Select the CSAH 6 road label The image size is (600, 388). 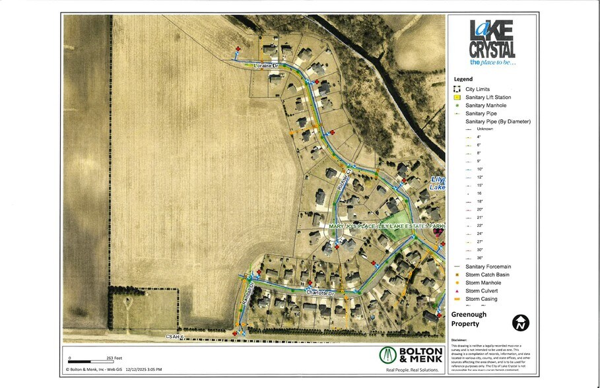(175, 336)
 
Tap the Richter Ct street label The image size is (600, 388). (343, 180)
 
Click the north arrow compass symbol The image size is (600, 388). (521, 323)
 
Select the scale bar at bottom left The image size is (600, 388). (89, 362)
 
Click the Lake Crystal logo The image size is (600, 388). (492, 43)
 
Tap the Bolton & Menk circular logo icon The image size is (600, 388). (391, 355)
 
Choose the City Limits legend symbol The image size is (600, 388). (456, 89)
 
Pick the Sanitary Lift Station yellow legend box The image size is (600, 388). (456, 98)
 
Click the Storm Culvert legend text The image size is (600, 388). (481, 291)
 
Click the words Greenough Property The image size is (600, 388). (469, 319)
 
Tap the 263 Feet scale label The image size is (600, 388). (114, 358)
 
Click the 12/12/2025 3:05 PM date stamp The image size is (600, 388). (141, 370)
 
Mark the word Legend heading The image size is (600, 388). (463, 79)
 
